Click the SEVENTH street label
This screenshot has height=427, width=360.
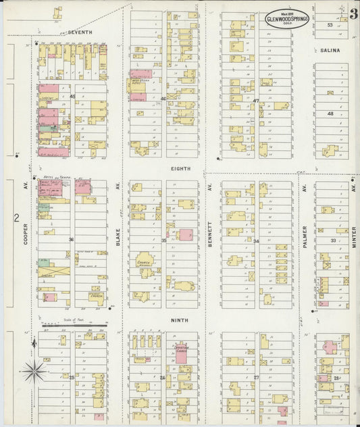pos(79,32)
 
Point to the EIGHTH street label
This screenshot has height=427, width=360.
pos(180,168)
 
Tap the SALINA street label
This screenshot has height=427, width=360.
pos(330,51)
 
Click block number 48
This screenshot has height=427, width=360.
pos(330,114)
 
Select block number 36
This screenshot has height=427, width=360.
pos(70,239)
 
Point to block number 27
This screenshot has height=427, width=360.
pos(256,378)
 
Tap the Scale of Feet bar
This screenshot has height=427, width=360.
pos(72,325)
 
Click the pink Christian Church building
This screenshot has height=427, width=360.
pos(181,355)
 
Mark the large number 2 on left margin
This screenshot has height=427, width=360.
pos(15,218)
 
